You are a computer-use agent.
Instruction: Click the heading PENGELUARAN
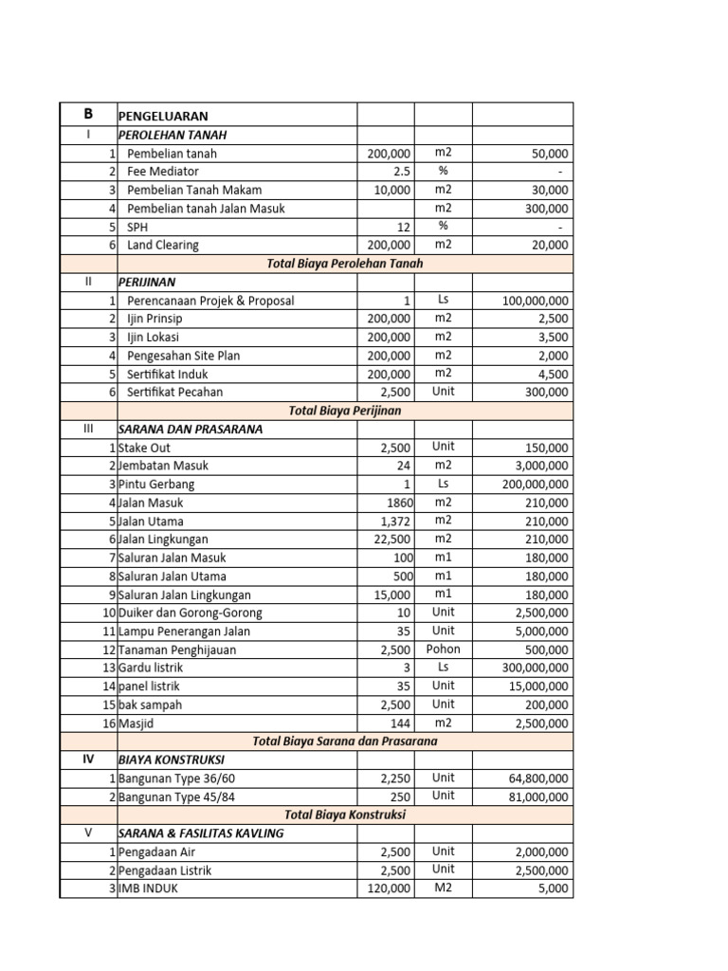click(x=163, y=116)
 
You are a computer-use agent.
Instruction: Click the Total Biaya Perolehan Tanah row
click(x=344, y=264)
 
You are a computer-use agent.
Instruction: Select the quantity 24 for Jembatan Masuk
click(x=404, y=466)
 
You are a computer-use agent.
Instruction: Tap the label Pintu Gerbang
click(x=156, y=484)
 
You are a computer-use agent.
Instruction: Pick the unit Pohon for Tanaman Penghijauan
click(x=444, y=650)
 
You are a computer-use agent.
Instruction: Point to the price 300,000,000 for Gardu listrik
click(x=524, y=668)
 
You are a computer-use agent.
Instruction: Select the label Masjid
click(x=138, y=723)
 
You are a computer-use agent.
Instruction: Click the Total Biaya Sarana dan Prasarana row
click(x=344, y=741)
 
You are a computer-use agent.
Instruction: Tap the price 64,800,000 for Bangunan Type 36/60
click(x=530, y=778)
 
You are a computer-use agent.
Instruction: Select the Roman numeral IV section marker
click(x=88, y=760)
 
